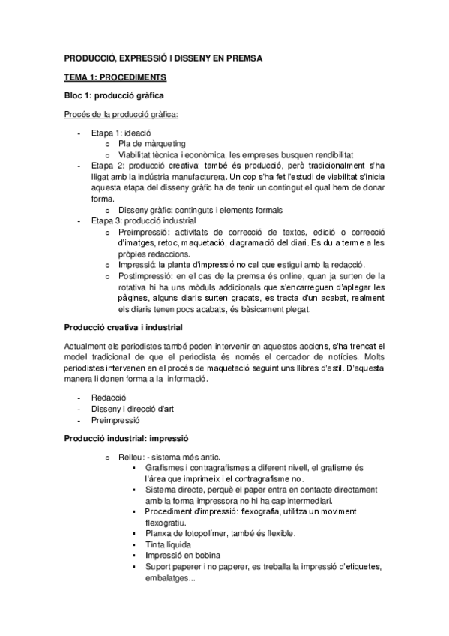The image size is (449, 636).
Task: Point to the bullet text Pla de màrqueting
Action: pos(152,143)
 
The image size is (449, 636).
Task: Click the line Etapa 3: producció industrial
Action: pos(143,221)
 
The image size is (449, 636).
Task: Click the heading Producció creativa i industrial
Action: pos(123,328)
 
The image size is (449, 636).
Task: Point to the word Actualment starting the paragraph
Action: pos(85,347)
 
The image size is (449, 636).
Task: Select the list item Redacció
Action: pos(109,396)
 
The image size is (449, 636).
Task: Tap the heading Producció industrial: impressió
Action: pos(126,437)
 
